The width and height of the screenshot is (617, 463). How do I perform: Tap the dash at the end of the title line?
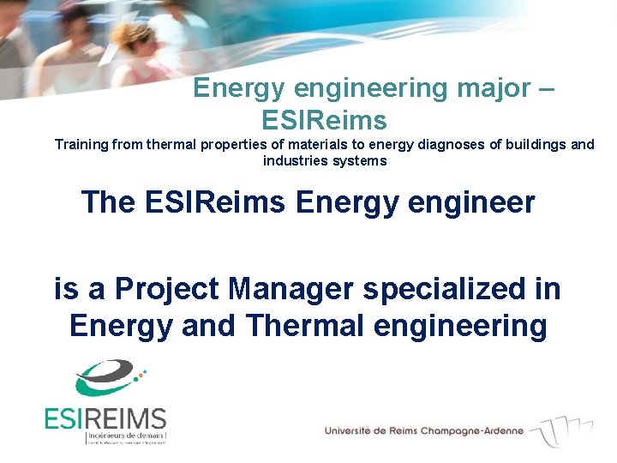point(549,88)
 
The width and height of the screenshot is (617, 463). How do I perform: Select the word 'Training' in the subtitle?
point(83,144)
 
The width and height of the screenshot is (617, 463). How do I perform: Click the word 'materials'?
point(320,144)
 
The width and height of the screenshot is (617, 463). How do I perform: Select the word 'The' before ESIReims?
point(109,202)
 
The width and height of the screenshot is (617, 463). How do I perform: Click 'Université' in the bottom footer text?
point(350,430)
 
